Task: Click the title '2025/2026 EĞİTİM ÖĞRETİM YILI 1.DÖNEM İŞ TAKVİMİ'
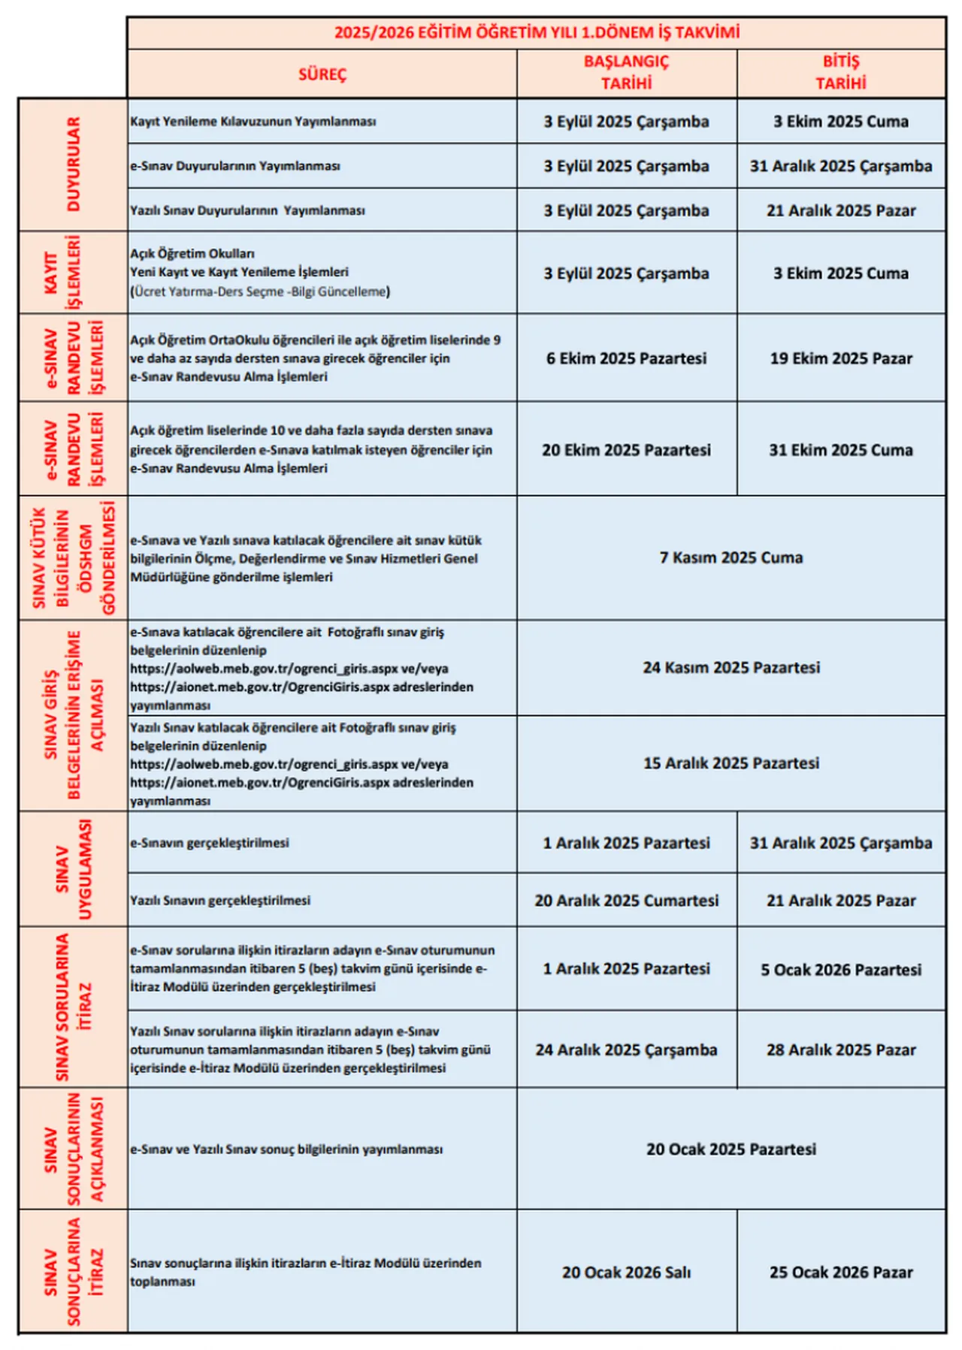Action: point(537,32)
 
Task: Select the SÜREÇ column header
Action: point(322,74)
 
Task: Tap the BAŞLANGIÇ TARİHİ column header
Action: point(626,72)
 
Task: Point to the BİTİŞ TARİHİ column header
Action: point(840,72)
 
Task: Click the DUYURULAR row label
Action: point(73,164)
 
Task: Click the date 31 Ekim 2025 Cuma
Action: point(840,450)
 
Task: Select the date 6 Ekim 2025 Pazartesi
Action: point(626,358)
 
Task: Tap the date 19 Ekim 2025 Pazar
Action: point(840,358)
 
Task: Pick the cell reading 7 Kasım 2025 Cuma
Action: point(731,557)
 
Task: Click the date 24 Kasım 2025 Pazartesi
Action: point(731,667)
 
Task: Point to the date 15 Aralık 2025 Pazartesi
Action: point(731,763)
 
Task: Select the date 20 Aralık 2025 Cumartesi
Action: point(626,900)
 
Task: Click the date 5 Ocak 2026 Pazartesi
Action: point(840,969)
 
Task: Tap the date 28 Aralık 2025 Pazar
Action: point(840,1049)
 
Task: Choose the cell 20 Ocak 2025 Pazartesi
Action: point(731,1149)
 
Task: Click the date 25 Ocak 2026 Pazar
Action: point(840,1272)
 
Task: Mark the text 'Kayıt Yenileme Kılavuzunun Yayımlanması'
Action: point(253,122)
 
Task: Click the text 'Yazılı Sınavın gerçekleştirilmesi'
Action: point(219,900)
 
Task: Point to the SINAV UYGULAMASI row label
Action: point(73,869)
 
